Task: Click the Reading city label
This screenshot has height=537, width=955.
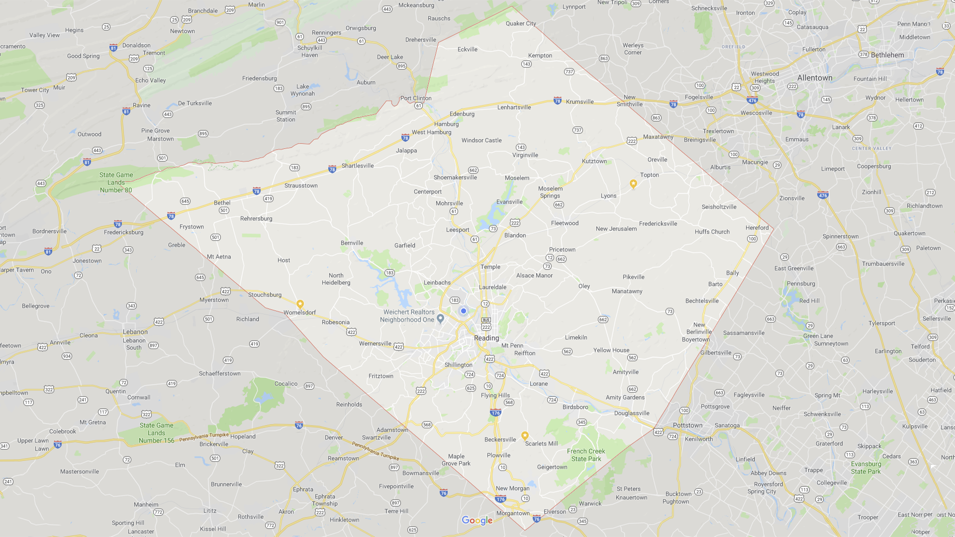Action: coord(486,338)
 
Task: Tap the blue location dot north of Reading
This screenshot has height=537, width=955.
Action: coord(464,311)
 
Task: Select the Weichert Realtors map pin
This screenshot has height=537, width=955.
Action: coord(440,319)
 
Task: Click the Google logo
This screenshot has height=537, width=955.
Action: coord(477,521)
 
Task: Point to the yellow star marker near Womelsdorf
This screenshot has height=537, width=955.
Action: coord(300,304)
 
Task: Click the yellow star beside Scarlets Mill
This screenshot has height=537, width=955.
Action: coord(525,436)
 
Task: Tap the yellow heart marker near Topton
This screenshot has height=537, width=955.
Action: coord(633,184)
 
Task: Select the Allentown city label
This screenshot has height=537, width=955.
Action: coord(815,78)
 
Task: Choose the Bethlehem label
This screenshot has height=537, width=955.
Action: coord(887,55)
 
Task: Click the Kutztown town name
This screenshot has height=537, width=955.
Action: coord(594,161)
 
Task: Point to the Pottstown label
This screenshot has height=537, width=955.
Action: coord(687,426)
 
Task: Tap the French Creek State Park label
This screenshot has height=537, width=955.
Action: coord(586,455)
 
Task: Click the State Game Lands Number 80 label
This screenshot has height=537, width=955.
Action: coord(116,182)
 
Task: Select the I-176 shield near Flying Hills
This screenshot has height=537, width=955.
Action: coord(495,413)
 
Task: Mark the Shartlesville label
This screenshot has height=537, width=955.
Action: coord(358,166)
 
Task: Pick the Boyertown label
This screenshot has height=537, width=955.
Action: coord(696,340)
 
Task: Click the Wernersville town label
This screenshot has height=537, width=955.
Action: coord(375,344)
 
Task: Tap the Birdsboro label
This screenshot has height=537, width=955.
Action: coord(575,407)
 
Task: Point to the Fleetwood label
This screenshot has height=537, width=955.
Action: coord(565,223)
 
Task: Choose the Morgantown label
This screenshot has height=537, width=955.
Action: coord(513,513)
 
